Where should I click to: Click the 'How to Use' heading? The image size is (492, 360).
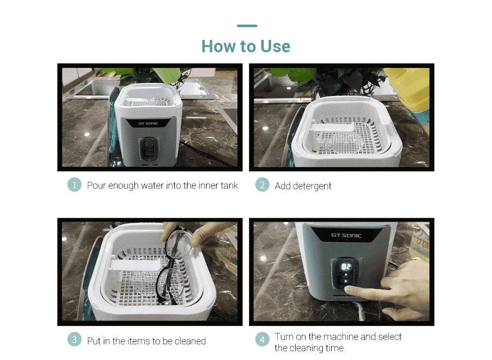point(246,46)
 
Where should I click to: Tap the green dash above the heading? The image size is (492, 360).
point(247,26)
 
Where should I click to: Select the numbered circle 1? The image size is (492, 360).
point(74,185)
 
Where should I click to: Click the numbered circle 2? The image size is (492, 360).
point(262,185)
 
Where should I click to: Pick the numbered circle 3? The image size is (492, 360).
point(74,339)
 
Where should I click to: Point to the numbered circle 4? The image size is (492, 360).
point(262,339)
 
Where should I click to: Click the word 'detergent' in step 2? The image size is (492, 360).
point(312,186)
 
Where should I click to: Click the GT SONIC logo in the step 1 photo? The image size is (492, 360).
point(149,124)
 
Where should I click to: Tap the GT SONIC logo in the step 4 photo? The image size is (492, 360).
point(346,235)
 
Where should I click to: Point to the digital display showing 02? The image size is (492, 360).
point(346,267)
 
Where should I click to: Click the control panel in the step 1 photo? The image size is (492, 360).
point(149,150)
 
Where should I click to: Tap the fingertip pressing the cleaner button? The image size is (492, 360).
point(349,291)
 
